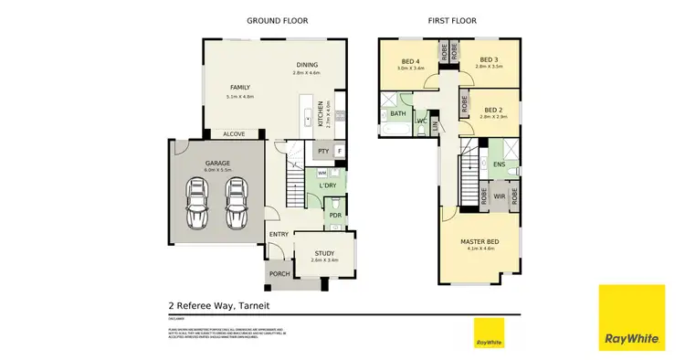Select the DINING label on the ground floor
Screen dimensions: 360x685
coord(306,64)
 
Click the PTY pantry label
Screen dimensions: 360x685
coord(322,151)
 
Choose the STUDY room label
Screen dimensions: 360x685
coord(325,253)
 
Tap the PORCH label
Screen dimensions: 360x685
coord(279,273)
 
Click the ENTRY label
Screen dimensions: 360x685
coord(279,234)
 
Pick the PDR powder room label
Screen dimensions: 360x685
coord(335,216)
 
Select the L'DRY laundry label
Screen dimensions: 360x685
coord(328,186)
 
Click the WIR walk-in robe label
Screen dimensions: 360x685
coord(500,195)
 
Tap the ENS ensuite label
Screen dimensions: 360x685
coord(500,164)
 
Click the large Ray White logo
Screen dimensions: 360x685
coord(631,319)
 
